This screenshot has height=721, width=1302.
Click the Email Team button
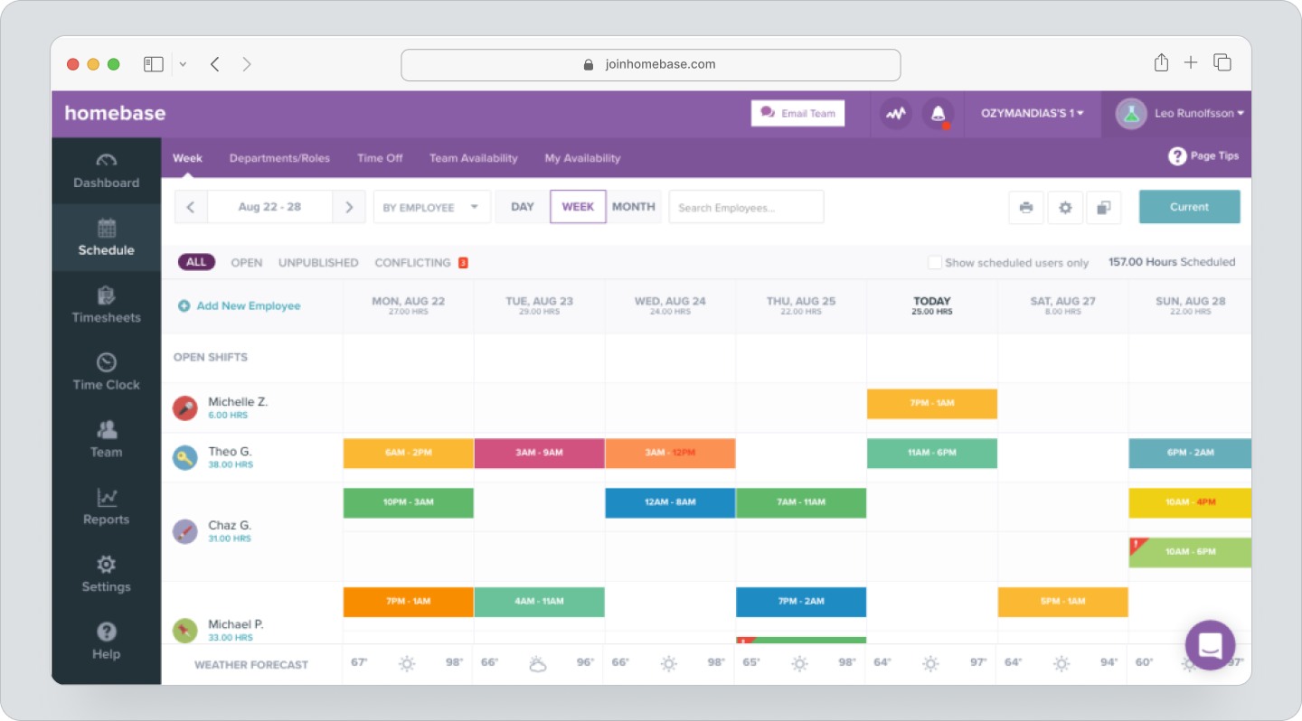tap(797, 113)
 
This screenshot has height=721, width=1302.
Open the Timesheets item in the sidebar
tap(106, 304)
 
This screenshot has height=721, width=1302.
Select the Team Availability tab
tap(473, 158)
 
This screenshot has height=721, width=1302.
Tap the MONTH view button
tap(633, 207)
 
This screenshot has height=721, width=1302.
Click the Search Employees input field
tap(746, 207)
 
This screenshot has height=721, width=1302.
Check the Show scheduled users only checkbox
tap(935, 263)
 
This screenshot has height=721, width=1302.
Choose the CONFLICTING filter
tap(413, 263)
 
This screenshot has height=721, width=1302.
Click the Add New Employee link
tap(240, 306)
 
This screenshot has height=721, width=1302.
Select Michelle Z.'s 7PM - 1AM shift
tap(931, 404)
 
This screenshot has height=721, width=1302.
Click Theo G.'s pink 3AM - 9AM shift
tap(539, 454)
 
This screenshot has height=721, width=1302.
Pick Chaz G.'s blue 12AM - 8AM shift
tap(670, 503)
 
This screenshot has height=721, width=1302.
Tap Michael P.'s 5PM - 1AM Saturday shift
tap(1062, 602)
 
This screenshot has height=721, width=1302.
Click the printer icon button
tap(1026, 208)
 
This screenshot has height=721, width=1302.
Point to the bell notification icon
tap(938, 114)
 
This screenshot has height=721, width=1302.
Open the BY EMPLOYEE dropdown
tap(431, 207)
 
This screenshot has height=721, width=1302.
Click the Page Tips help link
tap(1203, 156)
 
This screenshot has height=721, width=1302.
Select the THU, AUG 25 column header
tap(800, 305)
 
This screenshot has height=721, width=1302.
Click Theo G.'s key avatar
tap(185, 457)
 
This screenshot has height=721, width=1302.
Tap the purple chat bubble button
tap(1210, 645)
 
